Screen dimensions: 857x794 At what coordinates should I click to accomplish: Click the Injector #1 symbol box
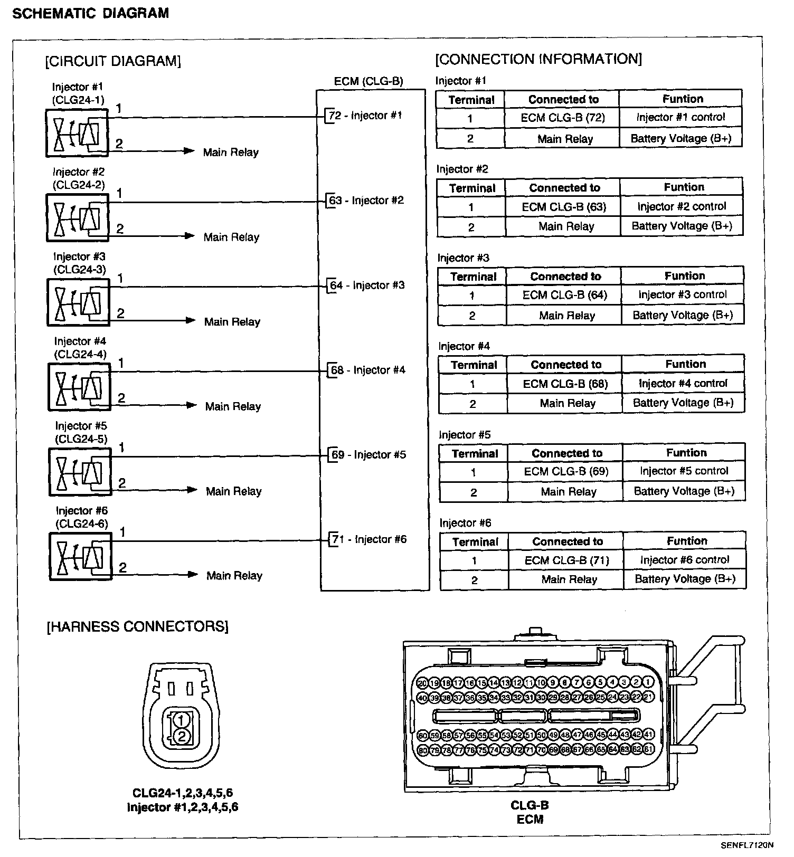point(77,133)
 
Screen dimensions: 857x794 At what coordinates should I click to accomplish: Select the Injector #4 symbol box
point(80,387)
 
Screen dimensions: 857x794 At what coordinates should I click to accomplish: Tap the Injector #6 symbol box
point(81,556)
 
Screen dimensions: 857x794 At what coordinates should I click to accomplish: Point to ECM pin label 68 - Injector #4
point(368,370)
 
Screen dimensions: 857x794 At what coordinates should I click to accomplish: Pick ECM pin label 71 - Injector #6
point(369,539)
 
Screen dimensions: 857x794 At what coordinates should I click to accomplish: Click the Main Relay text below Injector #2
point(231,237)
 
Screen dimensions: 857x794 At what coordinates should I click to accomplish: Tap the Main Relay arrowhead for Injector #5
point(192,490)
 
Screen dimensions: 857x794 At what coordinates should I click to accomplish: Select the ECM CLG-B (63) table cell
point(563,207)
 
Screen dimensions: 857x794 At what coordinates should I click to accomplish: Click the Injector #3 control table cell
point(682,294)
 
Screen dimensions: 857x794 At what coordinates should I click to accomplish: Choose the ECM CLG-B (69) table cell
point(566,471)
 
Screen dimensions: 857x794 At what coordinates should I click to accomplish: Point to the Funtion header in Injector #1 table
point(683,99)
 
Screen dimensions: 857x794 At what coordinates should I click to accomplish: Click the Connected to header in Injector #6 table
point(568,541)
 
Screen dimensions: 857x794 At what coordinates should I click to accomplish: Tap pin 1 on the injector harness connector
point(181,720)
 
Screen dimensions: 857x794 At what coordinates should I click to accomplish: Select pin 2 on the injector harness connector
point(181,736)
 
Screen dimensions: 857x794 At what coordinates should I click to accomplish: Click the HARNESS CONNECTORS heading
point(138,626)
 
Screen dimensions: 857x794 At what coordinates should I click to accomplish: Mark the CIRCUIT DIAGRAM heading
point(113,61)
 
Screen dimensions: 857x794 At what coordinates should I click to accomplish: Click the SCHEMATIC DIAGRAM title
point(90,13)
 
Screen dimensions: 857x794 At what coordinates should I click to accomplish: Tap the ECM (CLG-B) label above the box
point(368,81)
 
